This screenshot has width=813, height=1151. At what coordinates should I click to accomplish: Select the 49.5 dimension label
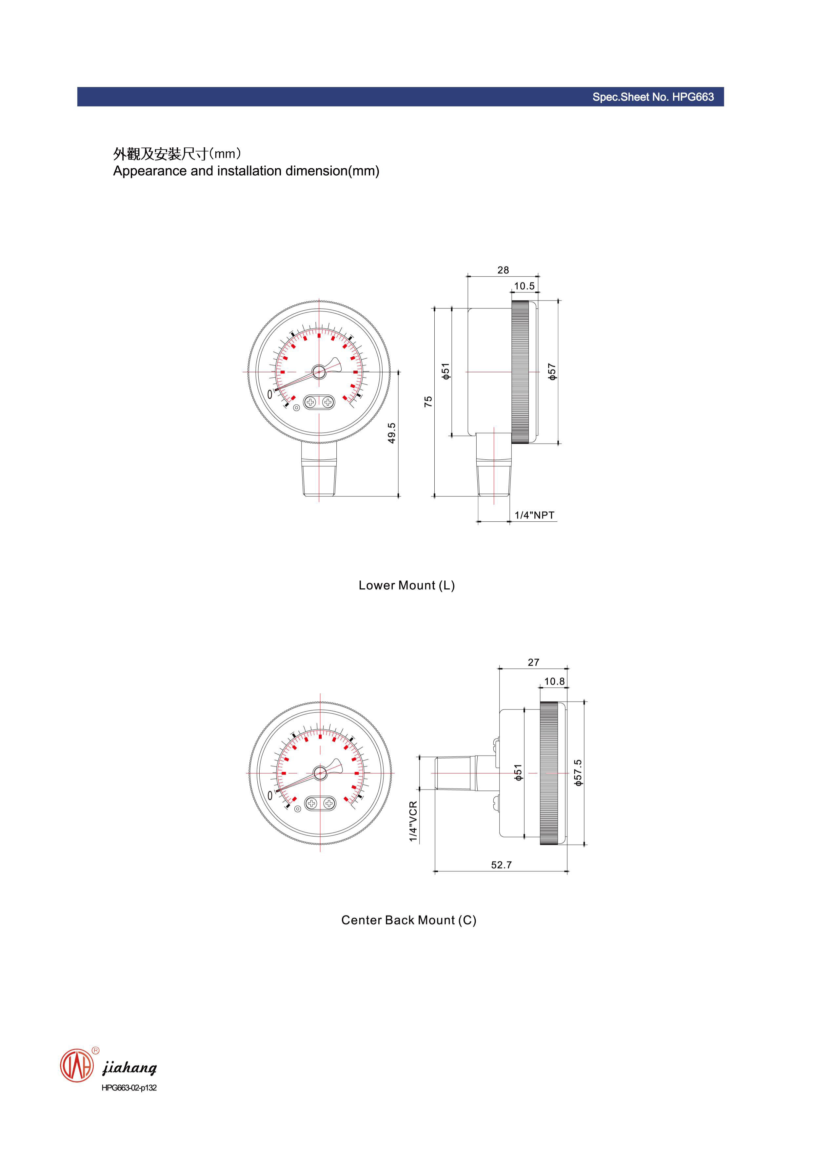[392, 433]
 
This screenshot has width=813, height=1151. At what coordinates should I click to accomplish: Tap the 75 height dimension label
[428, 402]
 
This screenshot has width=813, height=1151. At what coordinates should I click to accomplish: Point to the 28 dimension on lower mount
[503, 270]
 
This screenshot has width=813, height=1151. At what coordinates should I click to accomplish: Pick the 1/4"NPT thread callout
[534, 515]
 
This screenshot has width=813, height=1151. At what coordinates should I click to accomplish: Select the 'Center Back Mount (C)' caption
[408, 920]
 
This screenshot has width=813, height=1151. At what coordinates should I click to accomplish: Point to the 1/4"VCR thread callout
[413, 822]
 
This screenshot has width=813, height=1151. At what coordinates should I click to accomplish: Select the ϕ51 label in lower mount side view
[445, 371]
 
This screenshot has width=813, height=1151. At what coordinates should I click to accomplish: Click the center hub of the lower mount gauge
[319, 372]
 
